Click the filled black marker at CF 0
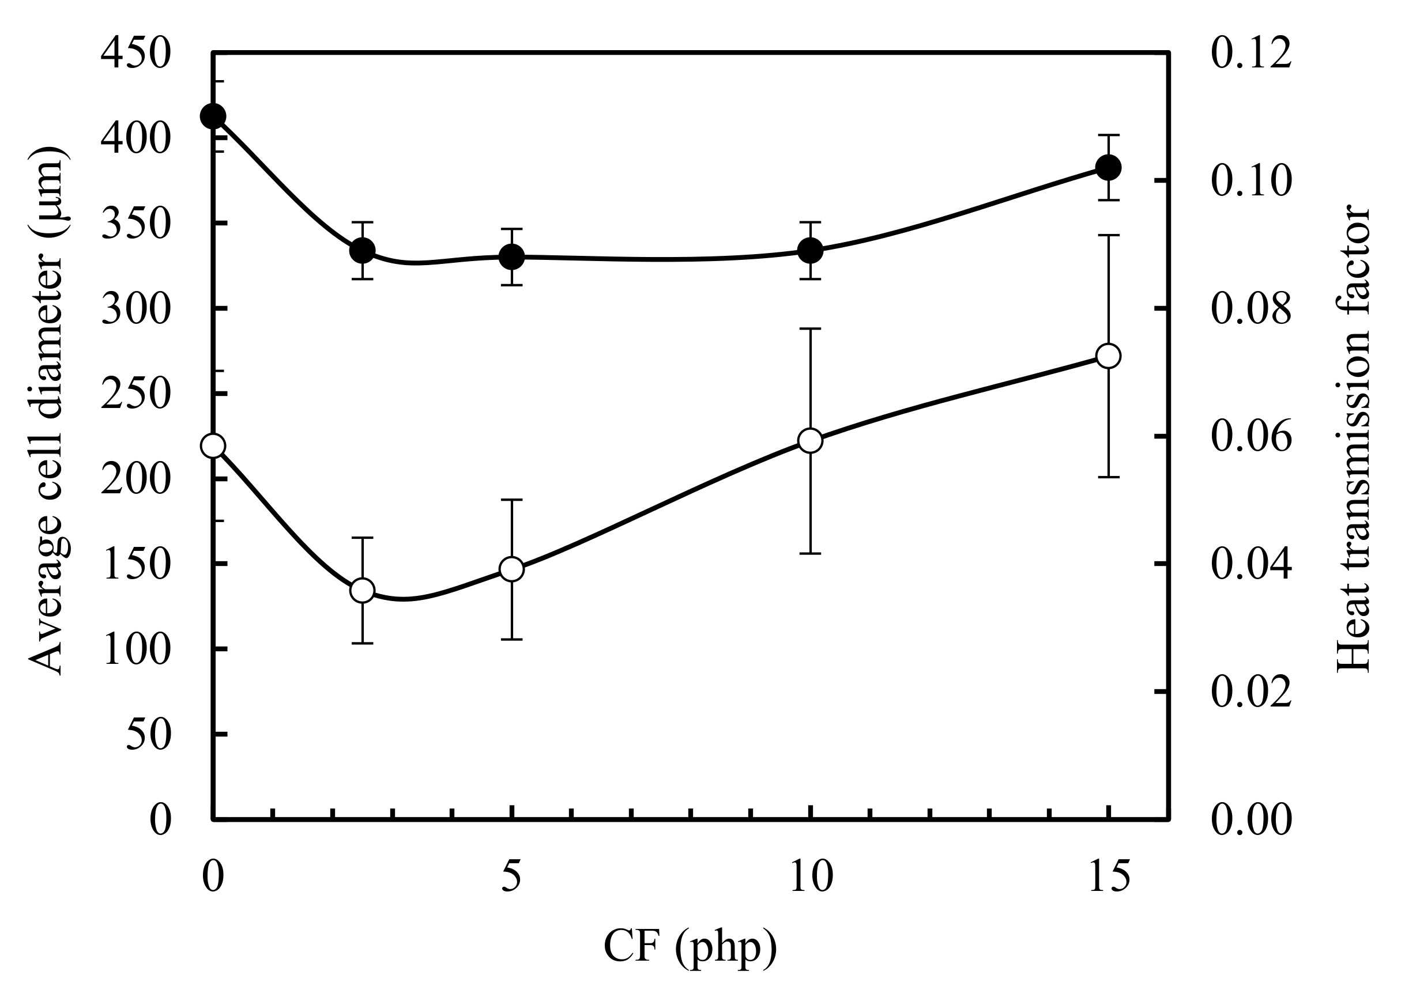(x=213, y=116)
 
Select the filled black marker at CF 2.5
(x=362, y=250)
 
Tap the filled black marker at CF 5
(x=511, y=257)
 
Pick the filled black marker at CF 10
(x=810, y=250)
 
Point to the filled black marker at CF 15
(x=1108, y=167)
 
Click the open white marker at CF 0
(x=213, y=445)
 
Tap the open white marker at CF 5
(x=511, y=569)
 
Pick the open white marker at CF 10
(x=810, y=440)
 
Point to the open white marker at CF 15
(x=1108, y=356)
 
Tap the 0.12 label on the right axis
(x=1251, y=54)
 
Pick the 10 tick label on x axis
(x=811, y=877)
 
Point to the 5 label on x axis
(x=511, y=877)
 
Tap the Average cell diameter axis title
(x=48, y=411)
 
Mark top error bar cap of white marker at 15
(x=1108, y=235)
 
